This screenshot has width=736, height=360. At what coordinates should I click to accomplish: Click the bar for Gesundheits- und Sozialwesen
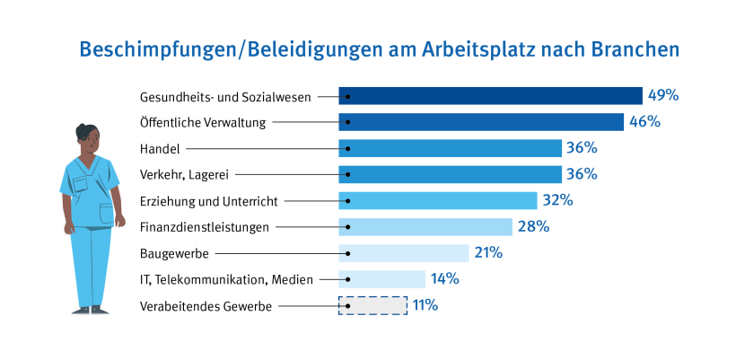[x=490, y=96]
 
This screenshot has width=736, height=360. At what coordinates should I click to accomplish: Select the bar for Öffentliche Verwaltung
[x=481, y=122]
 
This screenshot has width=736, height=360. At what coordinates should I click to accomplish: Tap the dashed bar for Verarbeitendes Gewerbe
[x=372, y=305]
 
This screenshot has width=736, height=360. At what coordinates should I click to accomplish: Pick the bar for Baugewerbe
[x=404, y=253]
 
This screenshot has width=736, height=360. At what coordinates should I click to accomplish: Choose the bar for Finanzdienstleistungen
[x=425, y=227]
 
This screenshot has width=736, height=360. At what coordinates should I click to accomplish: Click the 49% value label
[x=663, y=95]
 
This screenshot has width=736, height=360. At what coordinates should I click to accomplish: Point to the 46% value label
[x=644, y=122]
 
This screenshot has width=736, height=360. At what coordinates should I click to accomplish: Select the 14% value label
[x=445, y=279]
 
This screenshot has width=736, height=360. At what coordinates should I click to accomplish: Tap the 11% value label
[x=425, y=305]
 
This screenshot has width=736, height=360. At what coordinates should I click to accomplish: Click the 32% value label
[x=557, y=200]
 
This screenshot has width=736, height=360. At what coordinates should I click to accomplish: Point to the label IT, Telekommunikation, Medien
[x=227, y=279]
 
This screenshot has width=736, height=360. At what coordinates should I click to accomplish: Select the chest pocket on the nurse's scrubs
[x=81, y=183]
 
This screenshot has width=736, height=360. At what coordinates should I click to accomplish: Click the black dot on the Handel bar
[x=346, y=148]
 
